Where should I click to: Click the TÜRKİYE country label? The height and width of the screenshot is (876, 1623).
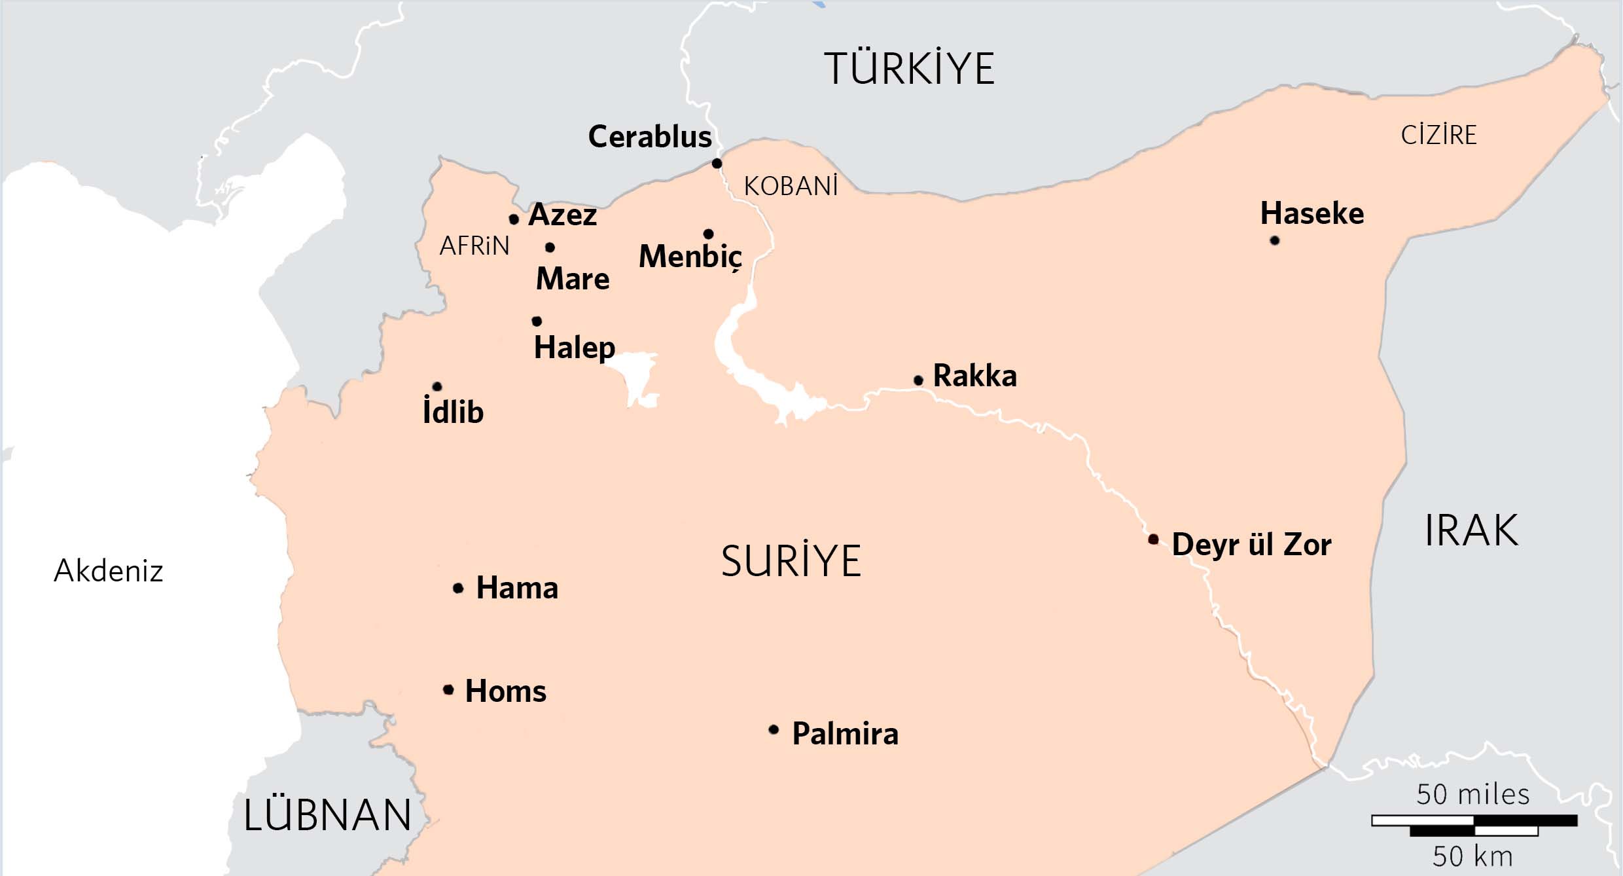pos(909,69)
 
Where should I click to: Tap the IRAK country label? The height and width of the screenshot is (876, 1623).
pos(1471,531)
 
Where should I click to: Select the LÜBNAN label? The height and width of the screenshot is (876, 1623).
pos(327,816)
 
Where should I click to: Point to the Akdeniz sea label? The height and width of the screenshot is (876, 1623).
pos(108,571)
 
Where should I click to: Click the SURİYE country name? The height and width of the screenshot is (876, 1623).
pos(791,561)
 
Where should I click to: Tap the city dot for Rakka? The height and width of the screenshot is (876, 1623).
pos(918,380)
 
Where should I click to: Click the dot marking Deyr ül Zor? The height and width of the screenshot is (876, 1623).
pos(1153,539)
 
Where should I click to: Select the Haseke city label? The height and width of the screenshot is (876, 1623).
pos(1312,214)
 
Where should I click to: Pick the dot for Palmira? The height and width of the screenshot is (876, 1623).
pos(774,729)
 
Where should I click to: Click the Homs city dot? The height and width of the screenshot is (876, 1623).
pos(448,689)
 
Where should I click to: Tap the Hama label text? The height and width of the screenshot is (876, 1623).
pos(517,588)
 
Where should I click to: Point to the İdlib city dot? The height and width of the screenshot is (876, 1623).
pos(437,386)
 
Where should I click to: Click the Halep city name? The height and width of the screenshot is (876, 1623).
pos(575,348)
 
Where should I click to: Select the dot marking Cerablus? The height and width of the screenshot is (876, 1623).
pos(717,163)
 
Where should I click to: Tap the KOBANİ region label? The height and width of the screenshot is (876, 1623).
pos(791,187)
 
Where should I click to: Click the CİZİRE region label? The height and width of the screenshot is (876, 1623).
pos(1438,136)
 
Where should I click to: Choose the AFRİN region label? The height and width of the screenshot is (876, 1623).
pos(474,247)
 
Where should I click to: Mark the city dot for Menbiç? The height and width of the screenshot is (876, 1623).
pos(708,234)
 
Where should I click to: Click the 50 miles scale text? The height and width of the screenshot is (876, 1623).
pos(1472,795)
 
